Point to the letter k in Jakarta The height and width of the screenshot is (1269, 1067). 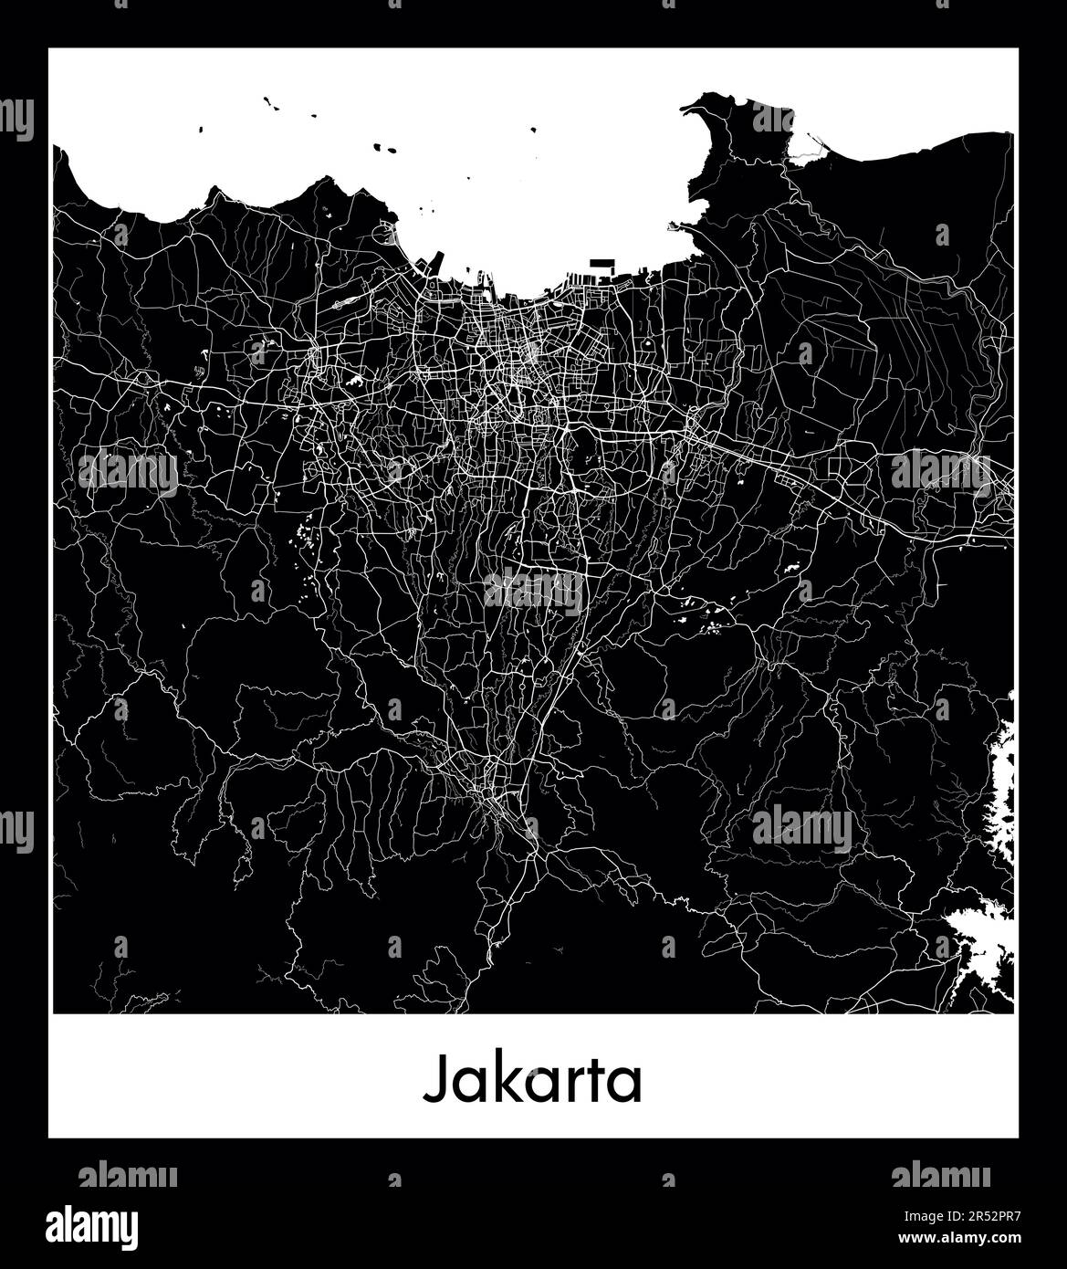click(495, 1080)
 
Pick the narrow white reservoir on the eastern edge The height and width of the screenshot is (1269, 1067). click(1004, 785)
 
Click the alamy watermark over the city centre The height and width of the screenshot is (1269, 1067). click(534, 591)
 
